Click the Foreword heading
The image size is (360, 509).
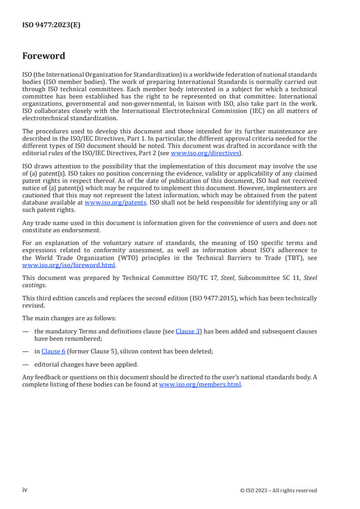[44, 56]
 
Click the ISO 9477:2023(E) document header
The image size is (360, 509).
[51, 25]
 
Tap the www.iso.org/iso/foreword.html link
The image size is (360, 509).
[69, 265]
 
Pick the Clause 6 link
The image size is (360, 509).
[54, 351]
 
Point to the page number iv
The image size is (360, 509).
[25, 490]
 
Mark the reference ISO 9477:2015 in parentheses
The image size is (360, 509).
[242, 298]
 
